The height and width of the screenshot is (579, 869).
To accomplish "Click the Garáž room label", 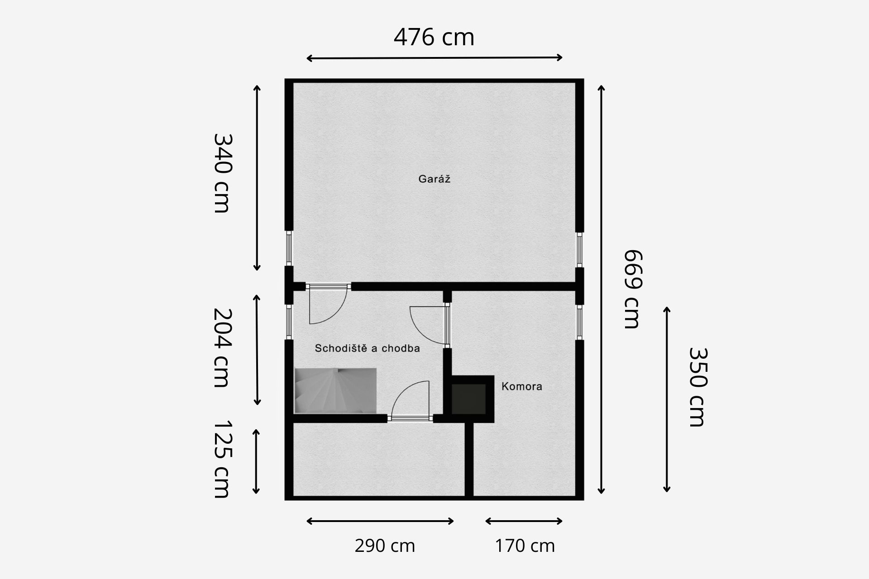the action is [x=434, y=179].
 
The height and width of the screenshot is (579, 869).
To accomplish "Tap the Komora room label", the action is [x=522, y=386].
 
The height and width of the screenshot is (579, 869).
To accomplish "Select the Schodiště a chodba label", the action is [x=368, y=348].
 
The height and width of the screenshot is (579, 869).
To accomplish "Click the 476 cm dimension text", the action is [x=434, y=37].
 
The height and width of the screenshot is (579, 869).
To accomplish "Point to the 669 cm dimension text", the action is [x=632, y=289].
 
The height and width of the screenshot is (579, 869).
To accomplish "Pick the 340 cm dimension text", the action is [x=222, y=173].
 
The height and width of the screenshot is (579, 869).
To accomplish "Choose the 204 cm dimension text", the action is [x=222, y=348].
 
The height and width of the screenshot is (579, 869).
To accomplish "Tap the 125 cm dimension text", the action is [x=222, y=459].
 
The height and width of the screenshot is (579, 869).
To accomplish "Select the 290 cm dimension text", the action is [x=385, y=546].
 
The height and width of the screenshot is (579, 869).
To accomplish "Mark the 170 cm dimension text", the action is [x=525, y=546].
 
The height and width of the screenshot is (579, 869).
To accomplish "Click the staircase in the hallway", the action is [x=335, y=391].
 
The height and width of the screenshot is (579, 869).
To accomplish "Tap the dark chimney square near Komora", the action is [x=469, y=399].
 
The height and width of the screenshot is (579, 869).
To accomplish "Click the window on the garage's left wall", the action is [x=289, y=249].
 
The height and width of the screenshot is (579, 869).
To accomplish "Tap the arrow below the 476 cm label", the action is [x=434, y=58].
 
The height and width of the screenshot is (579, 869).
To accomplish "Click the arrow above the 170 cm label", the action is [x=524, y=521].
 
